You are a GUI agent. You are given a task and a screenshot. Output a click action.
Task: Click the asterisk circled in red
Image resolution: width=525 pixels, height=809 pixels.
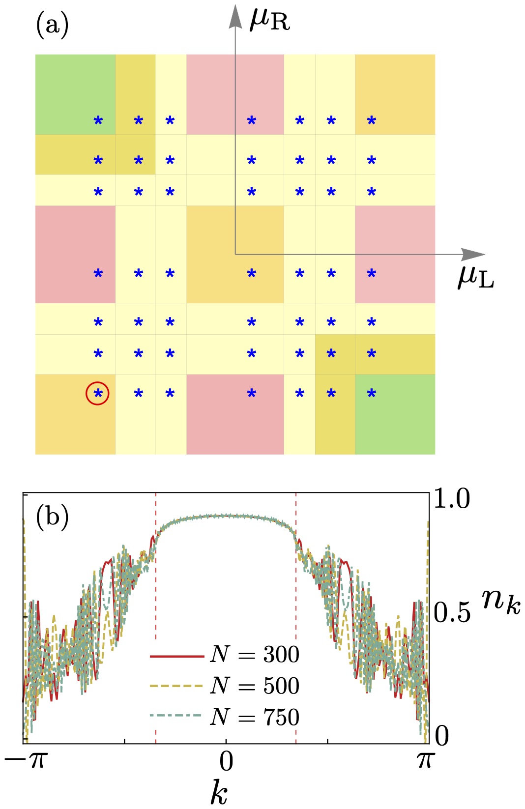pyautogui.click(x=98, y=394)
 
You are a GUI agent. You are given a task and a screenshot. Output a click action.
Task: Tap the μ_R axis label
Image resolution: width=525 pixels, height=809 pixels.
pyautogui.click(x=270, y=21)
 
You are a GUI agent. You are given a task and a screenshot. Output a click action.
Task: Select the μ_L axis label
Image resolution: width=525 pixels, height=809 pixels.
pyautogui.click(x=475, y=278)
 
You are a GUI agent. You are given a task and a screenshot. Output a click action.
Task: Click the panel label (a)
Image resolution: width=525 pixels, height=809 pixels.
pyautogui.click(x=52, y=25)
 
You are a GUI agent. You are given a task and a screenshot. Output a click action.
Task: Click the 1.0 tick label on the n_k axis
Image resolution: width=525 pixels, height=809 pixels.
pyautogui.click(x=451, y=499)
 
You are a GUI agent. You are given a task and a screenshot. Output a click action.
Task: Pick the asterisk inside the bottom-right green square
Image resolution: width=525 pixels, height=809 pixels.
pyautogui.click(x=372, y=394)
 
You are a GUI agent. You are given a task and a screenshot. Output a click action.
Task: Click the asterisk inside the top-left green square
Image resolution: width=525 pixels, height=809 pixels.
pyautogui.click(x=98, y=121)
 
